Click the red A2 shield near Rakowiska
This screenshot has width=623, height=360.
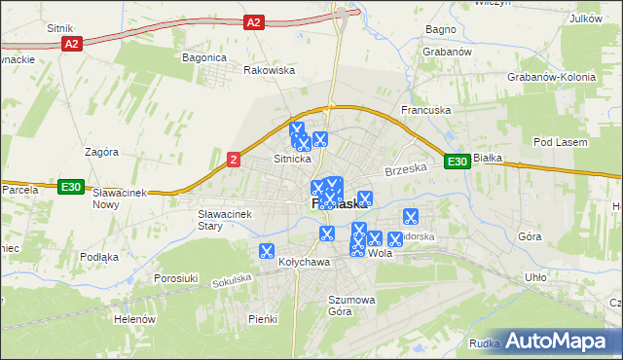click(x=254, y=21)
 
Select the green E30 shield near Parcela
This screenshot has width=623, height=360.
click(x=69, y=187)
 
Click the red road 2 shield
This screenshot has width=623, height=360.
click(x=234, y=159)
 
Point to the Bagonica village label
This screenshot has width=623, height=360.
click(x=203, y=57)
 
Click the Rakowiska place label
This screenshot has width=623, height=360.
click(x=269, y=70)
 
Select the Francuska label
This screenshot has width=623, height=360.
click(x=426, y=111)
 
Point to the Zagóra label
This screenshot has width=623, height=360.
click(x=101, y=152)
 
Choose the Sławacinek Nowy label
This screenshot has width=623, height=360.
click(x=119, y=198)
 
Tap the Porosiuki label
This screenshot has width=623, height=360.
click(x=176, y=278)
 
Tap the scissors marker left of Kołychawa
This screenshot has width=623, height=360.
click(x=266, y=251)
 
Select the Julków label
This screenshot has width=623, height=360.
click(x=584, y=18)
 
